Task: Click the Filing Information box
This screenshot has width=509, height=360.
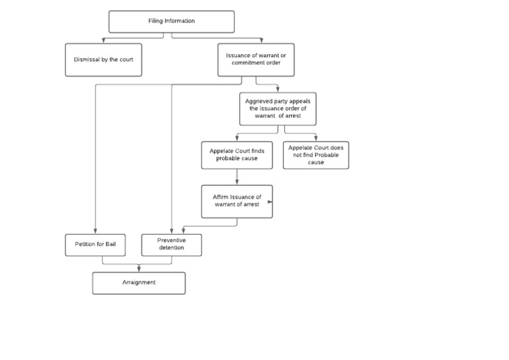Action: [x=171, y=21]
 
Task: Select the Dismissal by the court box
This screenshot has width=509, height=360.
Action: [x=103, y=60]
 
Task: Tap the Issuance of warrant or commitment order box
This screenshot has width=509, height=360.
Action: [x=256, y=60]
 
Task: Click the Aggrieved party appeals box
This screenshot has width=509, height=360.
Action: [x=278, y=109]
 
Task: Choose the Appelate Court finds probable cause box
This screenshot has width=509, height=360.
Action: [x=237, y=155]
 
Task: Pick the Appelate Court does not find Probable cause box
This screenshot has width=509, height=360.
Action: [x=315, y=155]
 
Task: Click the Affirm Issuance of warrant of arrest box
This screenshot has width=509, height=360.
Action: [x=237, y=201]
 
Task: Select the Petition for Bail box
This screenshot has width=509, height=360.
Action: [x=95, y=245]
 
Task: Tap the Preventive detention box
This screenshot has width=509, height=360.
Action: [x=172, y=245]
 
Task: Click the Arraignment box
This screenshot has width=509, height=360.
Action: [x=139, y=282]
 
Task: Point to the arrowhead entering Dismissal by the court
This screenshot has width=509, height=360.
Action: [x=103, y=41]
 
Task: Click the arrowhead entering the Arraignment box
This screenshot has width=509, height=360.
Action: [x=139, y=269]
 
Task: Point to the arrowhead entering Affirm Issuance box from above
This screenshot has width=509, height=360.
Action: [x=237, y=182]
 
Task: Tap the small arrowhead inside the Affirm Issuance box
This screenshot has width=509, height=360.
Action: [x=270, y=201]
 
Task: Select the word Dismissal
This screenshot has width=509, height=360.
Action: [x=86, y=60]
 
